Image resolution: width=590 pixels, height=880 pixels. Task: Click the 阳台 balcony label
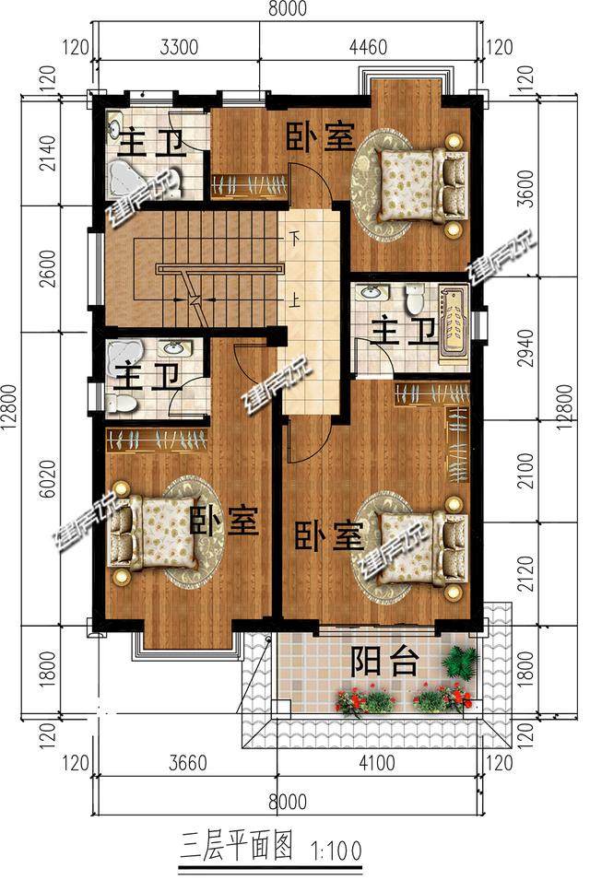385,661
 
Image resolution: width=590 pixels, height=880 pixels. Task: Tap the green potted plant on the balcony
459,661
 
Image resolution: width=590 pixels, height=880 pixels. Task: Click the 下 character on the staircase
295,239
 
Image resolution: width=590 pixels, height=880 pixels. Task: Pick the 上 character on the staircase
295,299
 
